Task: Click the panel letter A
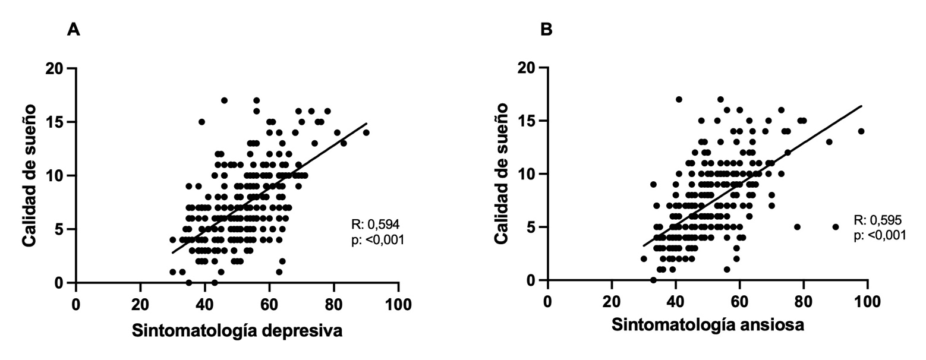pyautogui.click(x=73, y=30)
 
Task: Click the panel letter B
pyautogui.click(x=546, y=30)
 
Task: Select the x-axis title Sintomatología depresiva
pyautogui.click(x=237, y=331)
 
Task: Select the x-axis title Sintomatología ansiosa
pyautogui.click(x=708, y=326)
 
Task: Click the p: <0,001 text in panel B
pyautogui.click(x=880, y=236)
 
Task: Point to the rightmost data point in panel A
pyautogui.click(x=366, y=132)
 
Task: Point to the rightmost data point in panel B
pyautogui.click(x=861, y=131)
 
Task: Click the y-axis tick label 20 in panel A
pyautogui.click(x=54, y=68)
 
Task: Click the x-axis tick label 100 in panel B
pyautogui.click(x=867, y=301)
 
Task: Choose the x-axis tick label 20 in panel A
pyautogui.click(x=140, y=303)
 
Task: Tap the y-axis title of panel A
pyautogui.click(x=31, y=175)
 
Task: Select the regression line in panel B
pyautogui.click(x=752, y=175)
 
